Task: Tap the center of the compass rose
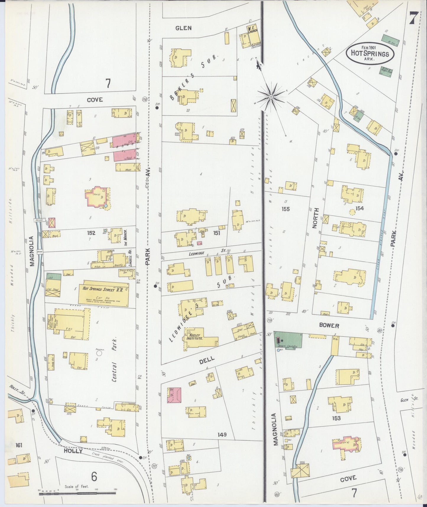[271, 96]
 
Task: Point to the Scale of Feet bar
[77, 493]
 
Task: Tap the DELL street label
[207, 360]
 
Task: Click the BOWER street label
[329, 325]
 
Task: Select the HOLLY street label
[73, 451]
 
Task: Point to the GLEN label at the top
[184, 28]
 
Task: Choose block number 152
[91, 233]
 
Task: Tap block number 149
[222, 435]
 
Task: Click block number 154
[359, 208]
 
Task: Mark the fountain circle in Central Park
[99, 353]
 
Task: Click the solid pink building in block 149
[174, 395]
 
